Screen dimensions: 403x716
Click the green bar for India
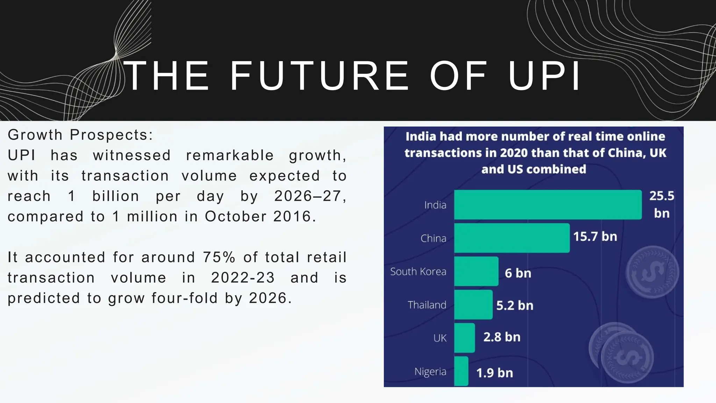pyautogui.click(x=548, y=205)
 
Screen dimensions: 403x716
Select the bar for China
pyautogui.click(x=512, y=238)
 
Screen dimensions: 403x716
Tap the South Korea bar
pyautogui.click(x=476, y=271)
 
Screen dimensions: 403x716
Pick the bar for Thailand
pyautogui.click(x=473, y=304)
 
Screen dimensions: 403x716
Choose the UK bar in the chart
pyautogui.click(x=465, y=338)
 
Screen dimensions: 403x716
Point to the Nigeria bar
pyautogui.click(x=461, y=371)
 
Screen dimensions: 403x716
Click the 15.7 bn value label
pyautogui.click(x=595, y=237)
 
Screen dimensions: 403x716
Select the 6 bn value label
pyautogui.click(x=518, y=273)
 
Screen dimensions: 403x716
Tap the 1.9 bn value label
pyautogui.click(x=494, y=373)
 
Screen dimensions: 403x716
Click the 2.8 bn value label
pyautogui.click(x=502, y=337)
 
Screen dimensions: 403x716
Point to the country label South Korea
pyautogui.click(x=418, y=271)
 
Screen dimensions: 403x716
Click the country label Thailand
pyautogui.click(x=427, y=305)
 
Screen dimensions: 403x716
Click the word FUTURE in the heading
pyautogui.click(x=319, y=76)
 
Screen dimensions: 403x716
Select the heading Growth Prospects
pyautogui.click(x=80, y=135)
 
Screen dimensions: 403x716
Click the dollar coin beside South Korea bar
pyautogui.click(x=652, y=272)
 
